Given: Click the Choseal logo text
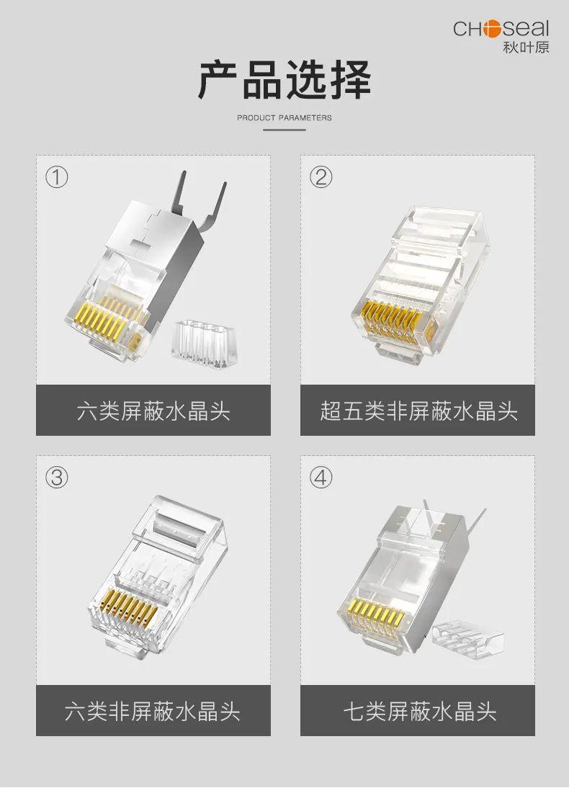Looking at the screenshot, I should pos(501,29).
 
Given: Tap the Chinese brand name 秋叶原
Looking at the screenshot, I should pos(525,48).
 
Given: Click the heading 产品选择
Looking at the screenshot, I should pos(284,81).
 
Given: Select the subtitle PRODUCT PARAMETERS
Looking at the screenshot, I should pos(284,117).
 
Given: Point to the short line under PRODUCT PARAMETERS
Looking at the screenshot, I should pos(284,130).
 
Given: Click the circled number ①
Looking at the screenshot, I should pos(57,177).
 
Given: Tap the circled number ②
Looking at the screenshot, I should pos(321,177).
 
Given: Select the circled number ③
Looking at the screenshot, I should pos(57,477).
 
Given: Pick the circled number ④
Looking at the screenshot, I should pos(321,477).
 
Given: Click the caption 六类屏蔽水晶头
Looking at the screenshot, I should pos(153,411).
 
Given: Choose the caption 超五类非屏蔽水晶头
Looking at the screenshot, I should pos(418,411).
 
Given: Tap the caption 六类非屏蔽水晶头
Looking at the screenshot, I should pos(153,712).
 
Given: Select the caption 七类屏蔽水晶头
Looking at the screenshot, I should pos(418,712).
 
